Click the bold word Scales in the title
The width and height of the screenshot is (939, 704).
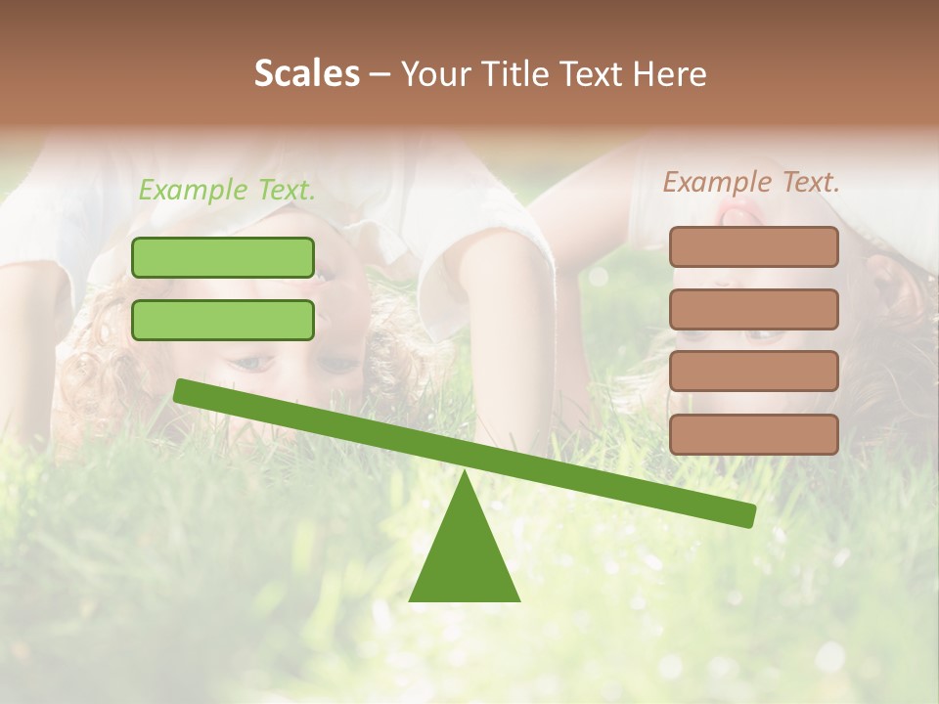[306, 73]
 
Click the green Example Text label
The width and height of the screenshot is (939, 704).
[227, 190]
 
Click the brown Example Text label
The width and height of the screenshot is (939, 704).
[751, 182]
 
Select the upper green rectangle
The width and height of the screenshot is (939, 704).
[223, 257]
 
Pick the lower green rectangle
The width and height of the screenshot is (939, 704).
[223, 320]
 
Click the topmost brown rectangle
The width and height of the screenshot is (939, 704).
[753, 246]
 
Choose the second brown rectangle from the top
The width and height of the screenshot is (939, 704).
[753, 309]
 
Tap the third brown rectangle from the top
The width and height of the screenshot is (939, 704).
[753, 372]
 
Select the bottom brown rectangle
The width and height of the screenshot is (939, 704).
[753, 434]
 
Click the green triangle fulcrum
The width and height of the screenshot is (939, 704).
[464, 557]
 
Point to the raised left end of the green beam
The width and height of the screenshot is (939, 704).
[182, 390]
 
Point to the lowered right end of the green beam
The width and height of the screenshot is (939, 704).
[747, 515]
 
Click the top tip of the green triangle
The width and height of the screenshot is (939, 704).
[465, 475]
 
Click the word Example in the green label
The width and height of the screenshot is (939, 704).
[193, 190]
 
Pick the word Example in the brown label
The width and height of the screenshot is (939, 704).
[717, 182]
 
